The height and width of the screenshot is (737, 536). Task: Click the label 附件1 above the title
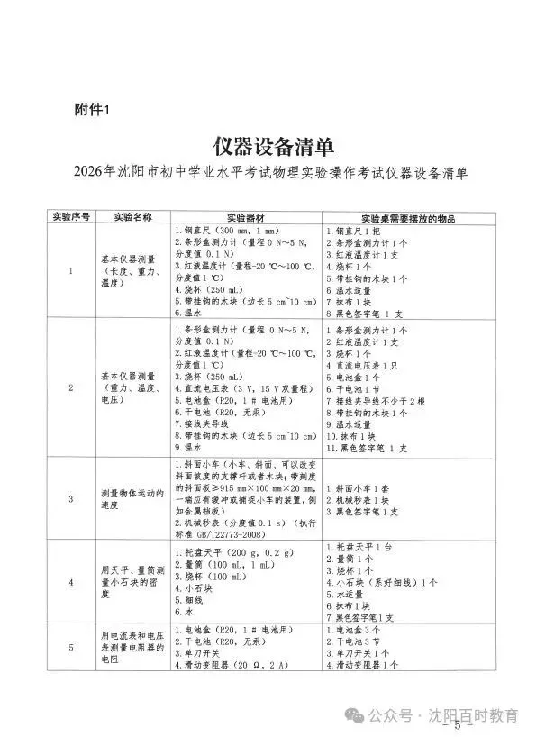[x=90, y=111]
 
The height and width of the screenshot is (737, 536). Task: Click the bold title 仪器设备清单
[x=268, y=145]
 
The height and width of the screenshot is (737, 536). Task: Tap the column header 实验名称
[x=132, y=217]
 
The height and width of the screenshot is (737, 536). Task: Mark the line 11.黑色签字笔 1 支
[x=366, y=447]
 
